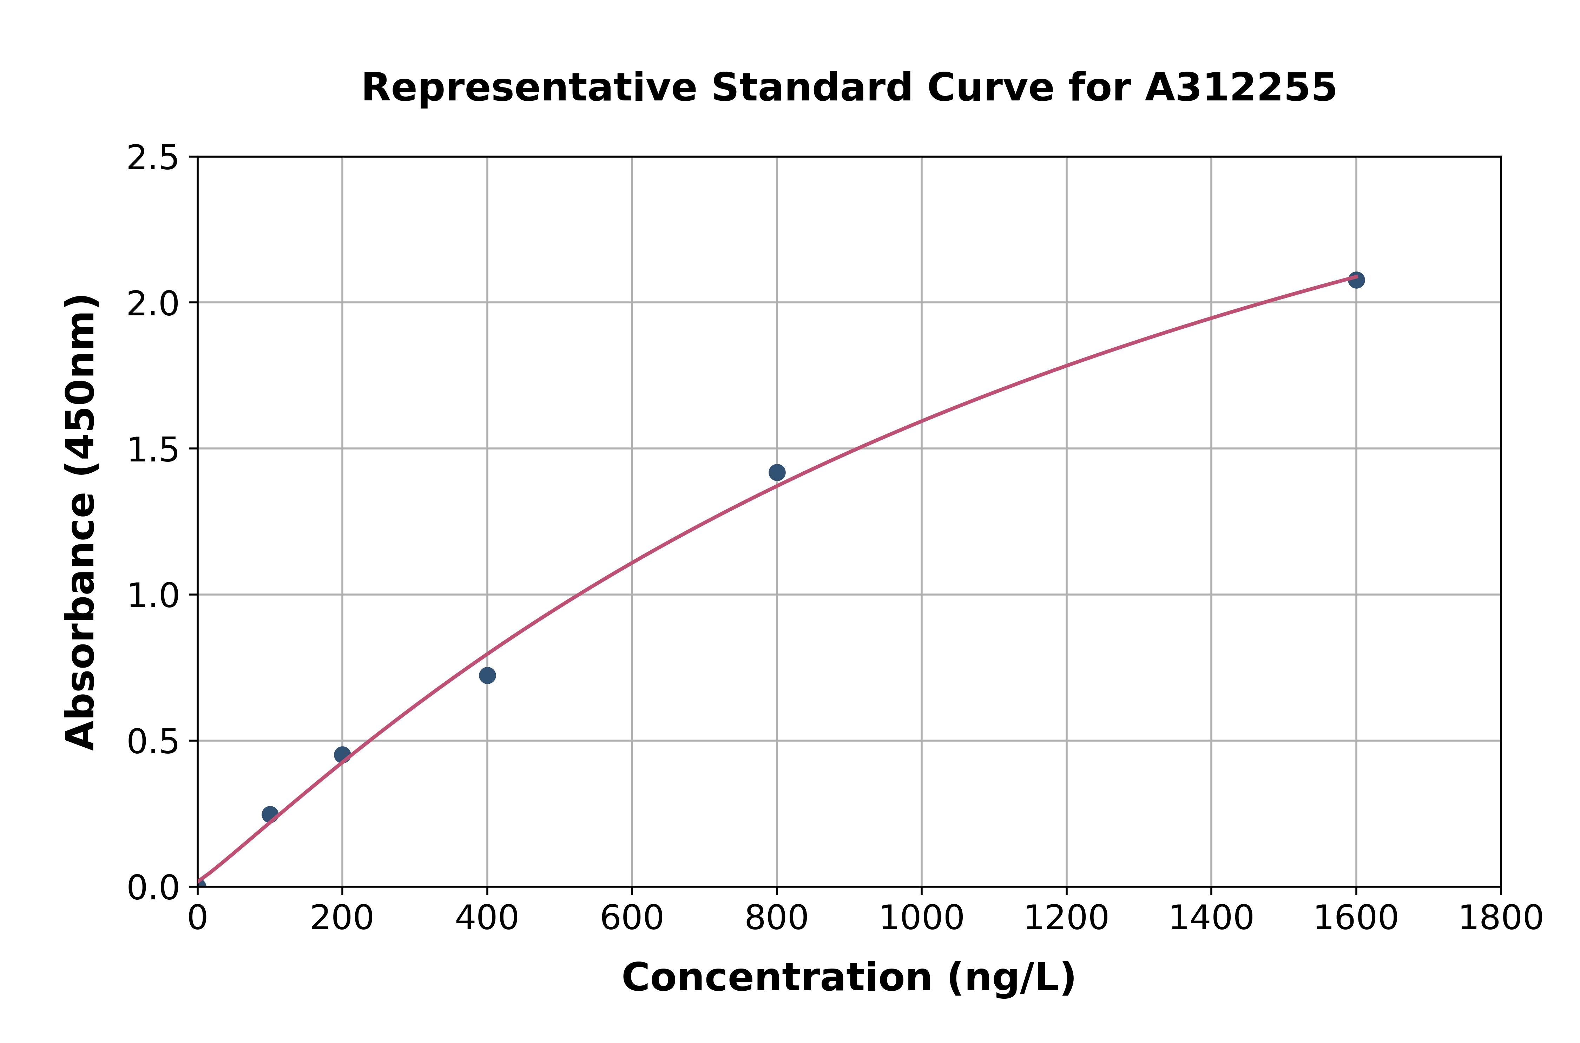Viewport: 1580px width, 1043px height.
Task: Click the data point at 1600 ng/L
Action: tap(1356, 280)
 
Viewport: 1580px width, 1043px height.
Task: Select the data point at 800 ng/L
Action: tap(777, 472)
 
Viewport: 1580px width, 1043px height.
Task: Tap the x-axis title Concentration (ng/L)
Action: tap(849, 978)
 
